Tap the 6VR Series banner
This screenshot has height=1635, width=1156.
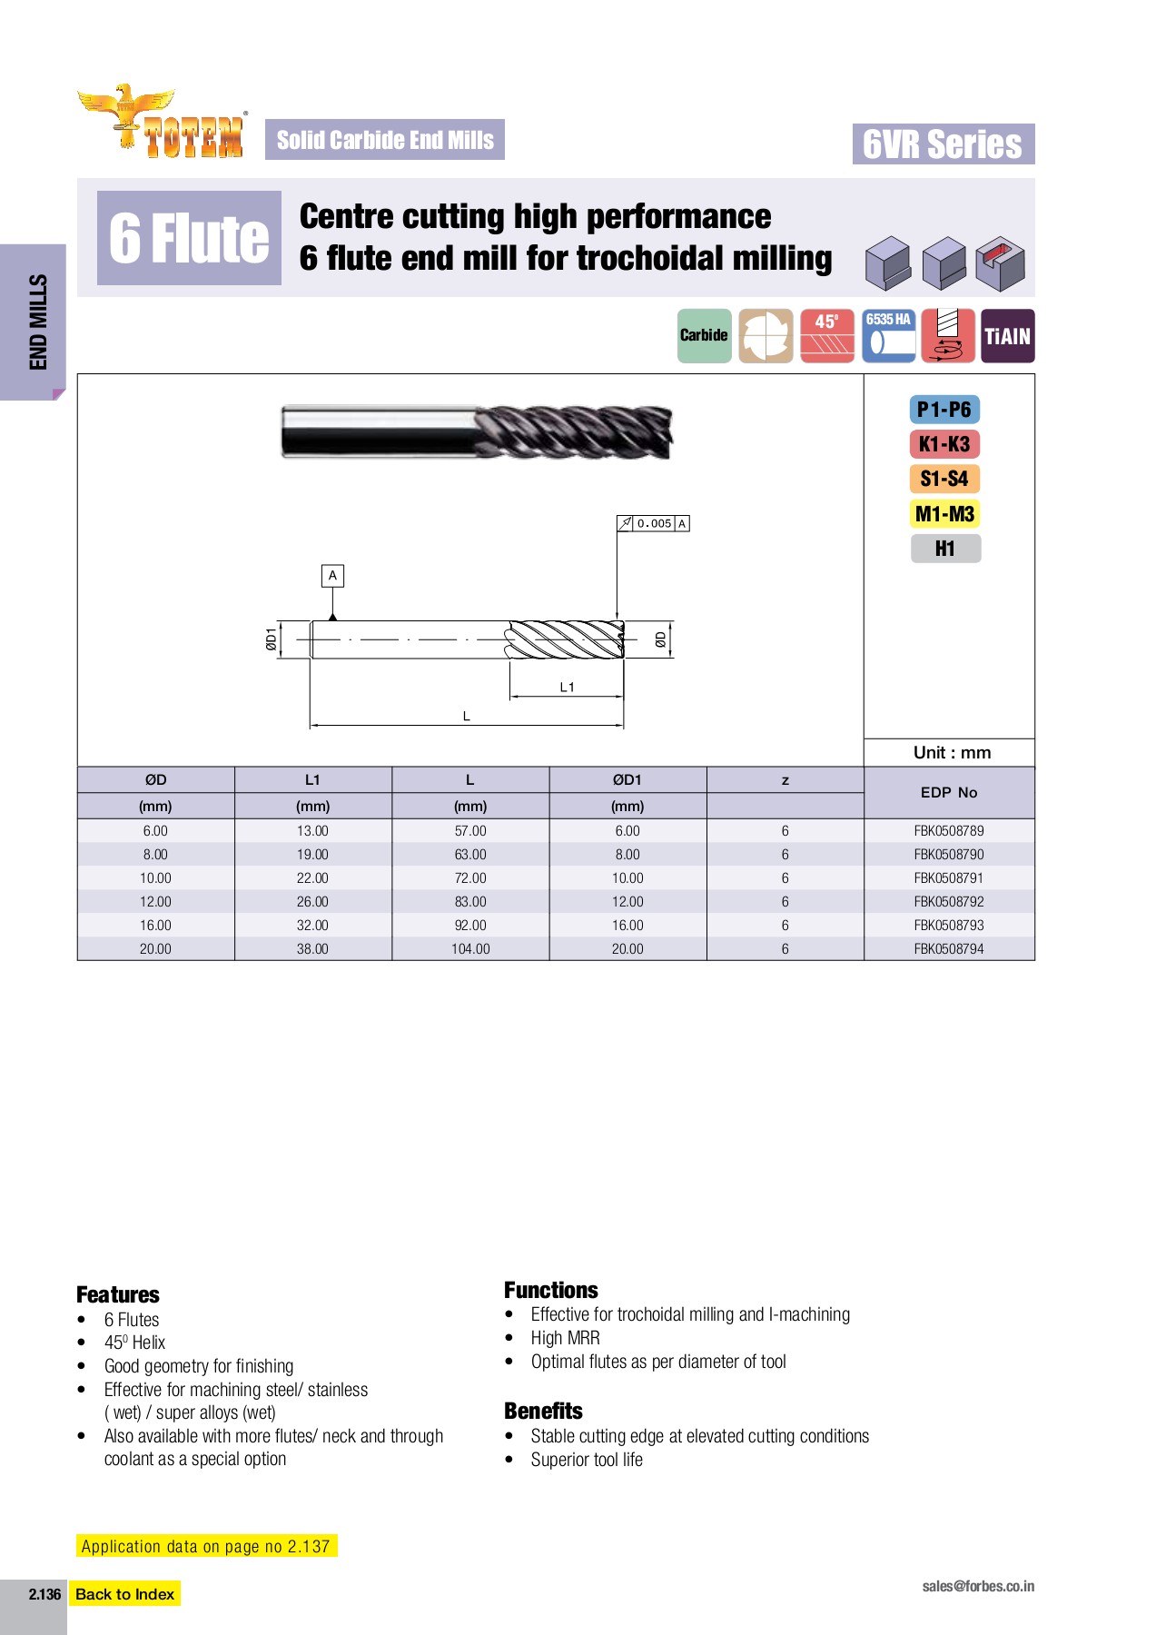coord(943,144)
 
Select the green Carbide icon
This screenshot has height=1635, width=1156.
coord(704,335)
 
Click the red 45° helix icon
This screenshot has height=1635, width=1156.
coord(826,335)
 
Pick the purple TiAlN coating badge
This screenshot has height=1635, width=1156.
coord(1007,336)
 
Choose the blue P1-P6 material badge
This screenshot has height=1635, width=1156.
coord(944,410)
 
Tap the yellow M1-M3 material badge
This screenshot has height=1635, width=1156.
coord(944,514)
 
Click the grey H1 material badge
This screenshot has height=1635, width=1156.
coord(945,549)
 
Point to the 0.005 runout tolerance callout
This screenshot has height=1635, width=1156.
coord(654,523)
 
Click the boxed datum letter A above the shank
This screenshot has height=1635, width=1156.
coord(333,576)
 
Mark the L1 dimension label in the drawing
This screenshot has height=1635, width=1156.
coord(567,688)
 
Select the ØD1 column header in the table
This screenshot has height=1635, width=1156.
coord(627,779)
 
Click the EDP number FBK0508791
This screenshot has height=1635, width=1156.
coord(948,878)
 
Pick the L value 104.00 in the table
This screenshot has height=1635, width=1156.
coord(469,949)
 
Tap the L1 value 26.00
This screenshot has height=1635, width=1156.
coord(312,902)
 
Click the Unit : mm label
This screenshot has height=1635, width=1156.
coord(952,752)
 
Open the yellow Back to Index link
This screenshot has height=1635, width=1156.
coord(124,1594)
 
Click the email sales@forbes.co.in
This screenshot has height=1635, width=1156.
coord(977,1586)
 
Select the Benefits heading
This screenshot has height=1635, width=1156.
coord(543,1411)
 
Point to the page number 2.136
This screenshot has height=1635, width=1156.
coord(44,1594)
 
